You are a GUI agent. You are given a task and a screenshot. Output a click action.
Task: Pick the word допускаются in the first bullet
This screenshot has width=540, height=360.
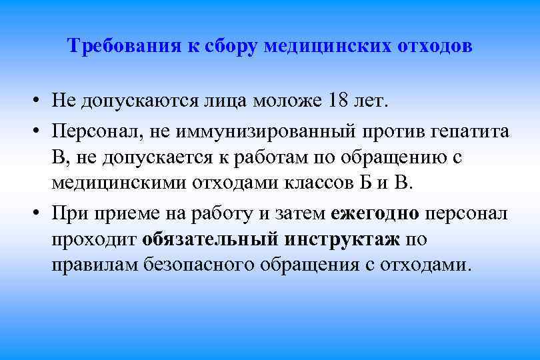136,102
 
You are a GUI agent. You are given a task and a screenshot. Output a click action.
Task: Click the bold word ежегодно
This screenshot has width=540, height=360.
374,213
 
